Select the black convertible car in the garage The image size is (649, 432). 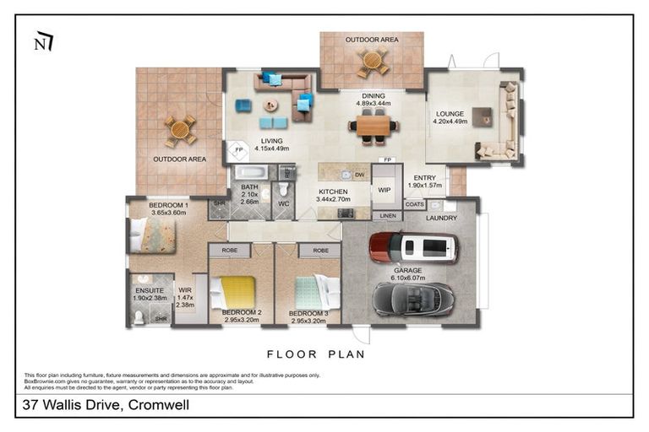click(x=413, y=298)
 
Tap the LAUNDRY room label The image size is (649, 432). click(x=441, y=218)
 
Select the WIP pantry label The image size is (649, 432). click(x=384, y=191)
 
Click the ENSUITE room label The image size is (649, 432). click(x=150, y=290)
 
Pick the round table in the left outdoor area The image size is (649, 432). click(x=179, y=130)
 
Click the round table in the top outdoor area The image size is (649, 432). click(x=372, y=61)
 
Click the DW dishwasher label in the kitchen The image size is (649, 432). click(x=359, y=175)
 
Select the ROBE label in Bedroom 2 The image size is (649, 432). click(x=229, y=251)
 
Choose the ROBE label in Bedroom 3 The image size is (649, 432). click(x=319, y=251)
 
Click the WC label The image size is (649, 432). click(x=283, y=203)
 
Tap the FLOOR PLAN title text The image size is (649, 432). click(x=316, y=354)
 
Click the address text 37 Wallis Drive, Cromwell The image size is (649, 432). click(x=104, y=406)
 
